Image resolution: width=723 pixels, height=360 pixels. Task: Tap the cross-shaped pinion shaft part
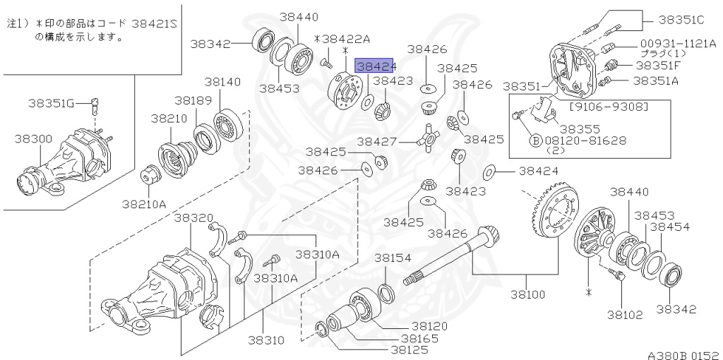click(428, 138)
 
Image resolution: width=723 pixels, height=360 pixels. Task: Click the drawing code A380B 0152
click(683, 352)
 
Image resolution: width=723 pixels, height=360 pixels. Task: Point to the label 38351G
click(51, 104)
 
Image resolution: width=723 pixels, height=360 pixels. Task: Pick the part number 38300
click(33, 139)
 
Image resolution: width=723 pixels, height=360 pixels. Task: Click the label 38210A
click(144, 204)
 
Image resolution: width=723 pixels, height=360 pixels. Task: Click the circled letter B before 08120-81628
click(536, 141)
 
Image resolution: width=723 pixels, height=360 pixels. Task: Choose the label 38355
click(579, 129)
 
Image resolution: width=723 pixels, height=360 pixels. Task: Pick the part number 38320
click(193, 217)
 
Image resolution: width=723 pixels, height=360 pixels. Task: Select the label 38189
click(193, 100)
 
